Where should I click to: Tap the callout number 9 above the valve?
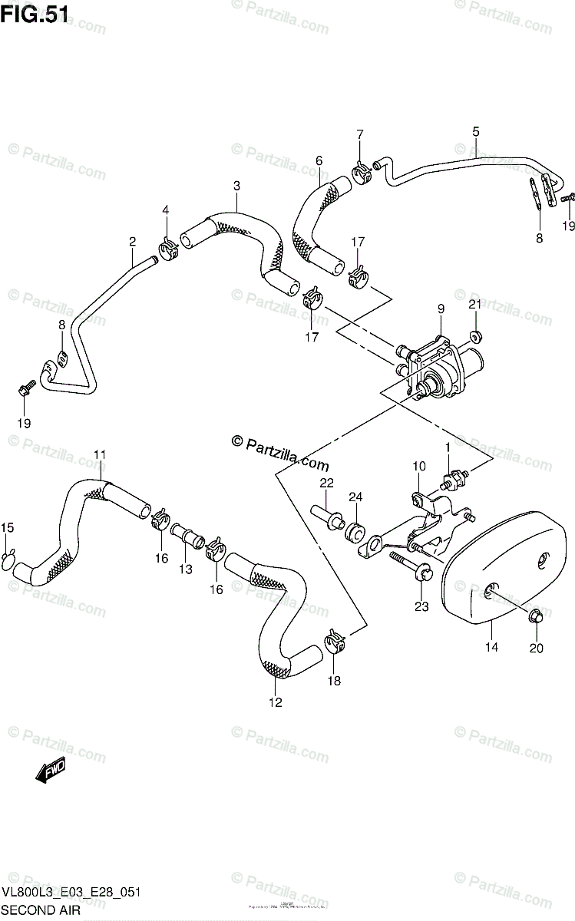point(441,309)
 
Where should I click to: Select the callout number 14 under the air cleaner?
point(491,648)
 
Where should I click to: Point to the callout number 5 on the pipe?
point(476,132)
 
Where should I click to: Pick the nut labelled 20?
point(536,616)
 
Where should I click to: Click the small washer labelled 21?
point(475,335)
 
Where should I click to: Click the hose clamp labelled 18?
point(334,641)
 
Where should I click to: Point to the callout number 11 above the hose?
point(100,455)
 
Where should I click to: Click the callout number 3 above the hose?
point(236,186)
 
